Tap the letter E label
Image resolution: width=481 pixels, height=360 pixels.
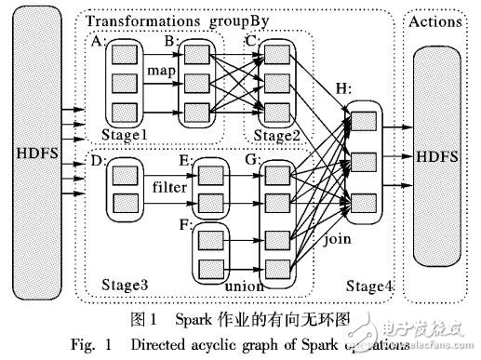click(x=186, y=160)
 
